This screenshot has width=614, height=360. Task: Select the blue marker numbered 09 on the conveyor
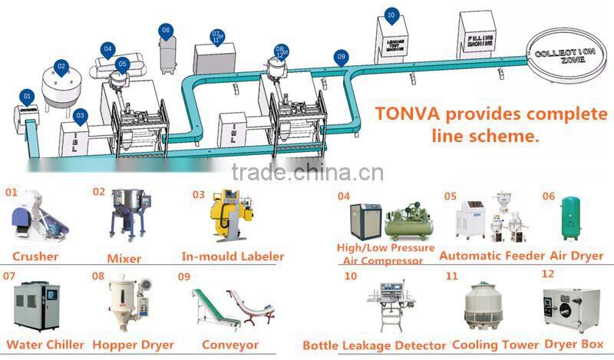tap(342, 57)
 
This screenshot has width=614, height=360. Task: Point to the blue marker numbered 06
tap(166, 31)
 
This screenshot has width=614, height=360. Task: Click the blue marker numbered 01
tap(28, 97)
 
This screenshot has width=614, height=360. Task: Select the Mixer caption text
tap(124, 256)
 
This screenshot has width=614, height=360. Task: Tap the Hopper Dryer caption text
tap(133, 345)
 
